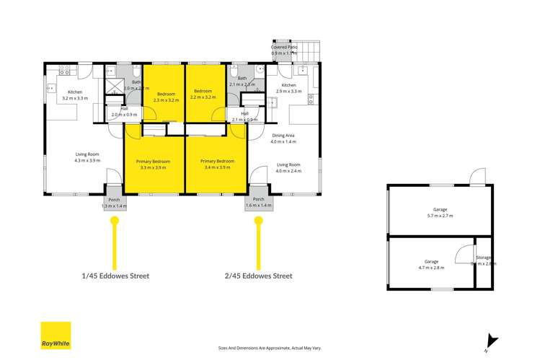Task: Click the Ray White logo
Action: pyautogui.click(x=56, y=335)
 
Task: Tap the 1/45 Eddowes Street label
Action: pyautogui.click(x=115, y=276)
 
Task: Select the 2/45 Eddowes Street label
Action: pyautogui.click(x=258, y=276)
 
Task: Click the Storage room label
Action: pyautogui.click(x=483, y=258)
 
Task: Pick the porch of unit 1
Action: pyautogui.click(x=114, y=203)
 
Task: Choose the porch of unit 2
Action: pyautogui.click(x=258, y=203)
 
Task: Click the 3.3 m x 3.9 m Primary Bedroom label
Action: pyautogui.click(x=154, y=164)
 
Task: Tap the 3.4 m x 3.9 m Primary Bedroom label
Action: pyautogui.click(x=218, y=164)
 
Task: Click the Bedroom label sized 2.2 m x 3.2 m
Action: pyautogui.click(x=203, y=95)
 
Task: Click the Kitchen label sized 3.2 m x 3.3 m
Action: pyautogui.click(x=75, y=95)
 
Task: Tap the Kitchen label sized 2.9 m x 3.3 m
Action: pyautogui.click(x=289, y=88)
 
